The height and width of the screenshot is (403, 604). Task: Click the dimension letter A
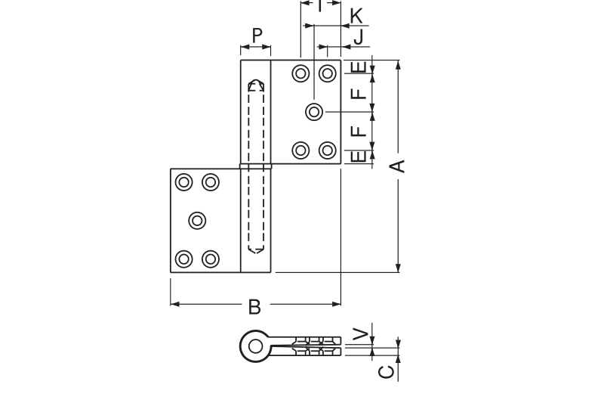point(400,165)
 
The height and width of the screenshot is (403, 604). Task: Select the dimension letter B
point(255,306)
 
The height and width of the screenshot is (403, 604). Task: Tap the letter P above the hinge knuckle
point(257,35)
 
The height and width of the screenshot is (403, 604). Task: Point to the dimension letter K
point(356,15)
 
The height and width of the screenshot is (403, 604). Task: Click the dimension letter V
point(362,333)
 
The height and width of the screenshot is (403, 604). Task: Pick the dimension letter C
point(385,371)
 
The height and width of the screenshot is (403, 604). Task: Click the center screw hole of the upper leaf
point(315,112)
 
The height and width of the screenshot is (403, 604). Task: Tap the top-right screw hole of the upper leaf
point(328,73)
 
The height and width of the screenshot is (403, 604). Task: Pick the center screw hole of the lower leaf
point(197,220)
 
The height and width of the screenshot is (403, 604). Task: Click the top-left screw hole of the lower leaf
point(183,182)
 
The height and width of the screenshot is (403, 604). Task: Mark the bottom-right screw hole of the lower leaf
point(211,259)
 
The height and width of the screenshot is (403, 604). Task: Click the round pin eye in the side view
point(255,346)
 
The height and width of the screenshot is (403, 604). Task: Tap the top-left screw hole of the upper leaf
point(301,73)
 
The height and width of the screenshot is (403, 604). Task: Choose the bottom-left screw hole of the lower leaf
point(183,259)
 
